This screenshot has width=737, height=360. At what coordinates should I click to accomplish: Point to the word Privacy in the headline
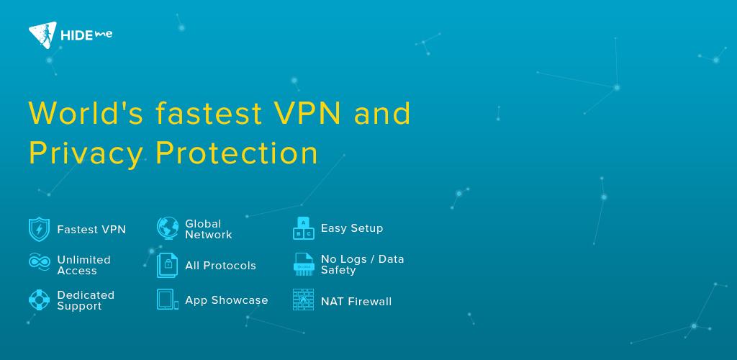pyautogui.click(x=84, y=153)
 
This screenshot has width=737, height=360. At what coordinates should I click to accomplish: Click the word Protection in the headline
pyautogui.click(x=237, y=153)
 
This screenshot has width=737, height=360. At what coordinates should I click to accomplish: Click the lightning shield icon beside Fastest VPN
pyautogui.click(x=39, y=230)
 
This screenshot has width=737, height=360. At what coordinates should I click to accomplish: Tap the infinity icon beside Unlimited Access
pyautogui.click(x=39, y=262)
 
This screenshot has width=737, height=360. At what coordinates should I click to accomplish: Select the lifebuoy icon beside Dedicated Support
pyautogui.click(x=39, y=300)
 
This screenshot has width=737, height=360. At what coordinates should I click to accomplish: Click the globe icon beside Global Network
pyautogui.click(x=168, y=228)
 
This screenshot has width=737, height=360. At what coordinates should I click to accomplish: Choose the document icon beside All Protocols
pyautogui.click(x=168, y=265)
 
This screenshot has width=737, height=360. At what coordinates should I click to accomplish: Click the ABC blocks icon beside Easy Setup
pyautogui.click(x=303, y=228)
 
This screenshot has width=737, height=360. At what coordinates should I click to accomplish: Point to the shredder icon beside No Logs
pyautogui.click(x=304, y=264)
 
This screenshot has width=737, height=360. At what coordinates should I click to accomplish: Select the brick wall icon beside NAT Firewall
pyautogui.click(x=303, y=300)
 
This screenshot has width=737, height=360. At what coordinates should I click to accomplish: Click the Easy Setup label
pyautogui.click(x=352, y=228)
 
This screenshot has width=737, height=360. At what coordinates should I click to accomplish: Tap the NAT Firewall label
pyautogui.click(x=356, y=302)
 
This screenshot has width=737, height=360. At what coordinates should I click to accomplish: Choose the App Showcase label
pyautogui.click(x=226, y=300)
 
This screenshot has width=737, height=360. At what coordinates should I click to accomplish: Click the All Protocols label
pyautogui.click(x=220, y=266)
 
